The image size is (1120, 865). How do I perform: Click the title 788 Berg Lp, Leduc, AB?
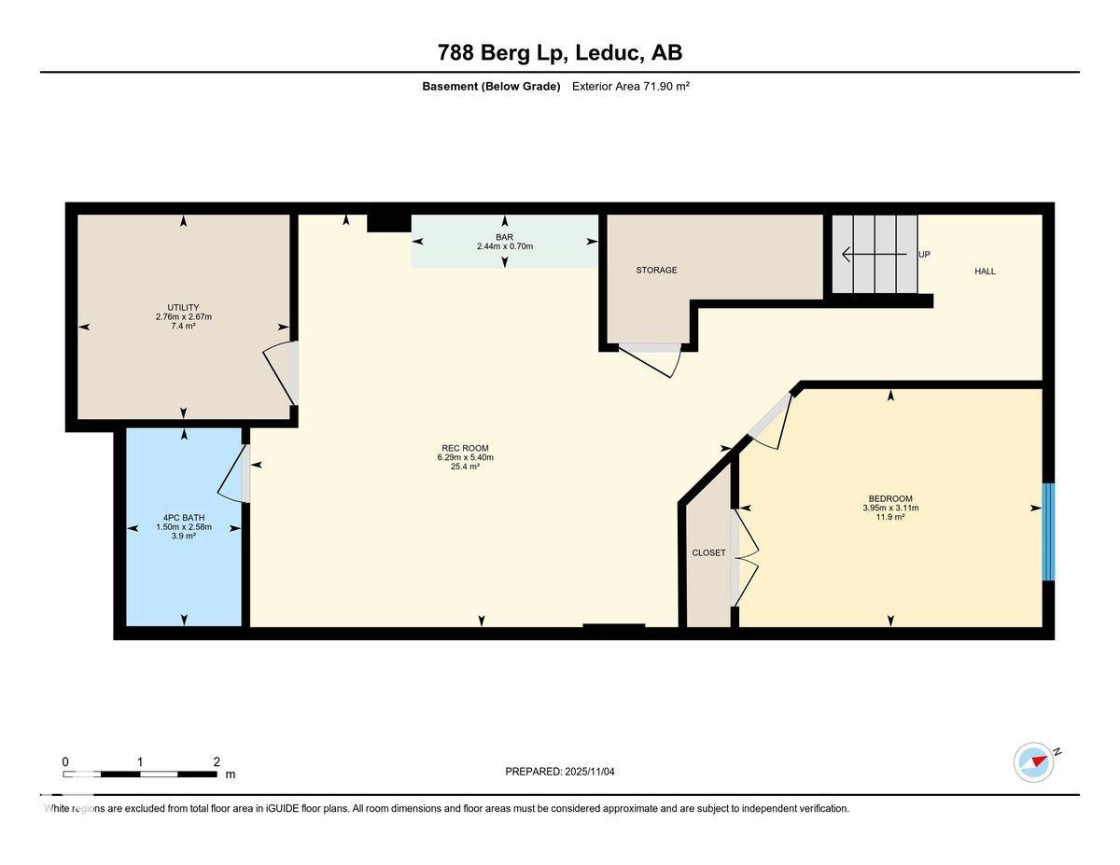click(x=559, y=52)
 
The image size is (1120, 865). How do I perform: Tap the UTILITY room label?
click(x=183, y=307)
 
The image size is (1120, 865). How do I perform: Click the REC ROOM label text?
click(x=465, y=448)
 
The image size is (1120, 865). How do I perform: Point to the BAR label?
click(x=504, y=237)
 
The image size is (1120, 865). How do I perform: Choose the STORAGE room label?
click(x=656, y=270)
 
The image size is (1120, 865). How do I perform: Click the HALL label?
click(x=985, y=272)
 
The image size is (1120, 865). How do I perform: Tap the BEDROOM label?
click(x=889, y=498)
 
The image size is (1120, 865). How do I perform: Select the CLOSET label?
click(x=708, y=552)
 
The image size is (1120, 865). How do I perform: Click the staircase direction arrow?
click(x=873, y=254)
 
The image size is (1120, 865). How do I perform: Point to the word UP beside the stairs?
click(x=924, y=254)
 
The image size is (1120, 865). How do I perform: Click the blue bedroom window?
click(x=1048, y=532)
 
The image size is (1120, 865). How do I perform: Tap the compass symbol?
click(x=1034, y=761)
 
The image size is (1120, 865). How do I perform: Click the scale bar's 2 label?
click(x=216, y=761)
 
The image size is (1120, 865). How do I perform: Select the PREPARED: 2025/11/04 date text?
click(x=560, y=772)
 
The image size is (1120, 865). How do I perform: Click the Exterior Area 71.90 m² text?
click(x=630, y=86)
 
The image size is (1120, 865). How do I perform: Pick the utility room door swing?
click(x=279, y=373)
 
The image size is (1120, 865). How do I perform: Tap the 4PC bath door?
click(x=233, y=474)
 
